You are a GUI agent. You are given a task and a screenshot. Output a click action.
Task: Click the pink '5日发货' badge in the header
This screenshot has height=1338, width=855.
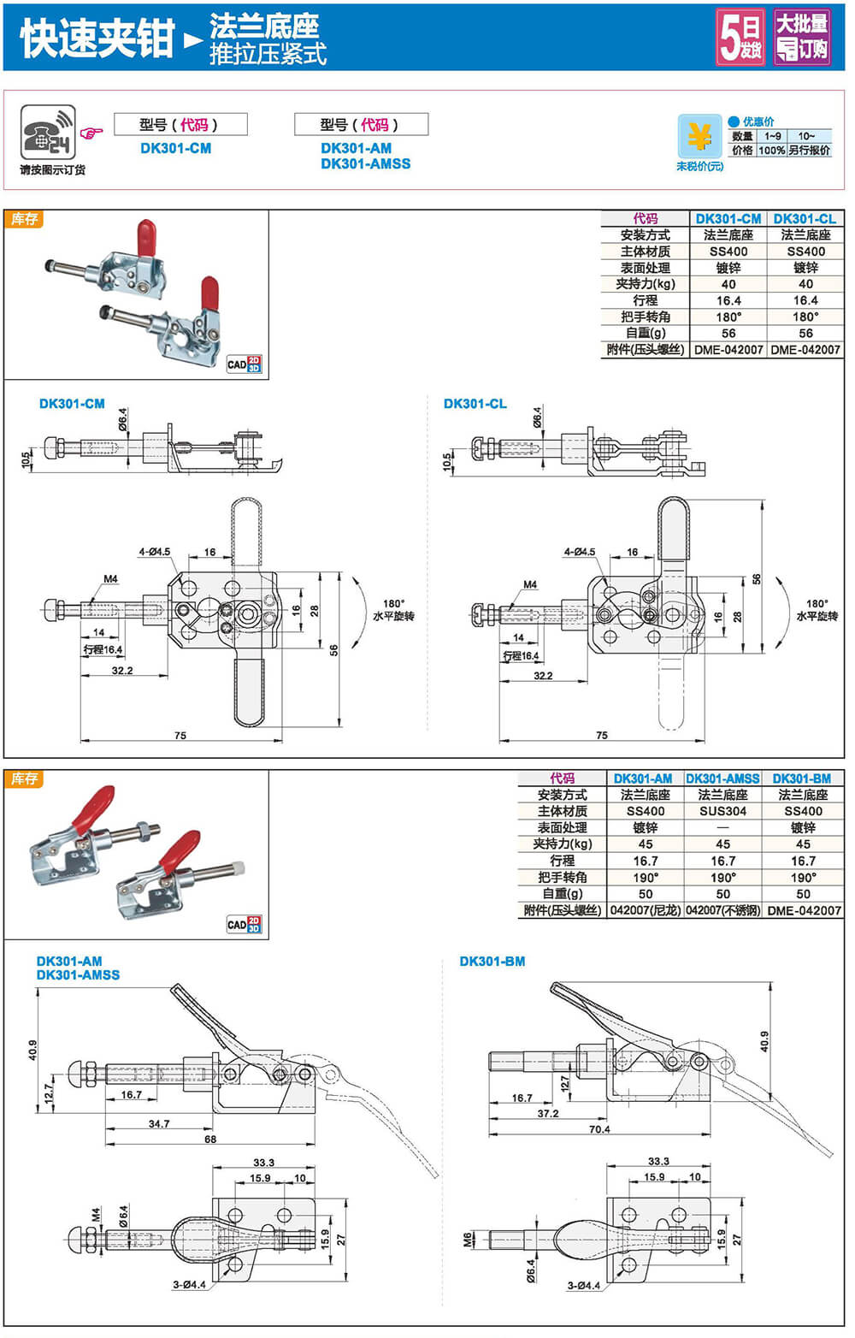(740, 37)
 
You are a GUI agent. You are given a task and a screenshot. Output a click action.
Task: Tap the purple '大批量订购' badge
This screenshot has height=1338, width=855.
(801, 37)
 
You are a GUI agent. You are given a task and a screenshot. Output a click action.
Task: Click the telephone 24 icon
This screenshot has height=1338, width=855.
(47, 133)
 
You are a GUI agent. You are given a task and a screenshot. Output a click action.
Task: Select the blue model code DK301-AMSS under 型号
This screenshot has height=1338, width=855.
(365, 163)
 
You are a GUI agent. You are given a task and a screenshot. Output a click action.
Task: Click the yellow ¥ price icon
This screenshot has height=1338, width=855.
(699, 136)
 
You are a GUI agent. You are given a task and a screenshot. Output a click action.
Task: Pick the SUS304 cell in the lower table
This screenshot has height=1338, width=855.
(722, 811)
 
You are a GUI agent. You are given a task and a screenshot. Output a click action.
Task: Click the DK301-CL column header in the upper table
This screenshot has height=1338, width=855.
(805, 219)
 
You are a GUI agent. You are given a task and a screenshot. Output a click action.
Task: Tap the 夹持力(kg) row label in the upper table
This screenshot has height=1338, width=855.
(645, 284)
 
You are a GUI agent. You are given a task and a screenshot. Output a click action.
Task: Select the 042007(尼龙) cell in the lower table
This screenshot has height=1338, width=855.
(646, 910)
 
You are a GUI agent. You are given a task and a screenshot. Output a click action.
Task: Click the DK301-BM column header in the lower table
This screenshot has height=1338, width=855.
(802, 779)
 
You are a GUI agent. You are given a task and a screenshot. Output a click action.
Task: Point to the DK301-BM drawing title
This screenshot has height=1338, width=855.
(492, 962)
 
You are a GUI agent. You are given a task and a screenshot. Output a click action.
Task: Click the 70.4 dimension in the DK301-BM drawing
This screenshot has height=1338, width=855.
(599, 1129)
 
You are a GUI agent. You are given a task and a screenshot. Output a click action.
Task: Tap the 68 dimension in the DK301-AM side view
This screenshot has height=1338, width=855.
(210, 1139)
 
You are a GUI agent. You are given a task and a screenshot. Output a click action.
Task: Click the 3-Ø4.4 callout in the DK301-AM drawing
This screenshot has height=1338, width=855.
(189, 1284)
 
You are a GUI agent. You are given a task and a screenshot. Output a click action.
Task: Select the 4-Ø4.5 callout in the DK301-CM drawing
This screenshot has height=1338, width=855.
(154, 552)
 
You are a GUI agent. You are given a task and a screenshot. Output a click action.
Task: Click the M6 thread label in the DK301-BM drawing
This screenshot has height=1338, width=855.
(468, 1239)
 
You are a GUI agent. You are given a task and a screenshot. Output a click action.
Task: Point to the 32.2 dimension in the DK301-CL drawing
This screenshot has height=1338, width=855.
(543, 676)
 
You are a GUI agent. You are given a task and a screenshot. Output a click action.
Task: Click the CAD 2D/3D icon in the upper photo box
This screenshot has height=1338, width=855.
(244, 364)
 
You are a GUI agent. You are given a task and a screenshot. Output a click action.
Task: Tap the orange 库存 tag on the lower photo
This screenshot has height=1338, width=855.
(24, 779)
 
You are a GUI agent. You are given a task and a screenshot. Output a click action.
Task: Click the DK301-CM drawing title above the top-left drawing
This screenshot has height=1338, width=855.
(72, 404)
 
